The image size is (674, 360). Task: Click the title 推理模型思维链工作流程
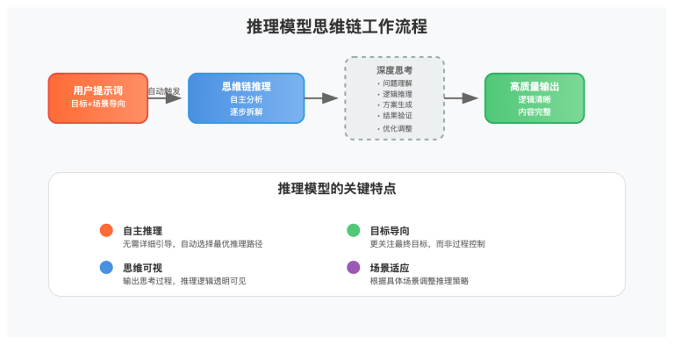[337, 26]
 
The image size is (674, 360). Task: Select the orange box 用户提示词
[97, 97]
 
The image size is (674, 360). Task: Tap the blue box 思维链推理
[246, 97]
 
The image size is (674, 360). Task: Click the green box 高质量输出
[534, 97]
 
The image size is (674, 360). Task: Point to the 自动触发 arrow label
[164, 90]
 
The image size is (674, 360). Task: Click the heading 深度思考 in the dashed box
[394, 69]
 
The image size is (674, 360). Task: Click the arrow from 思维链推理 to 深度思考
[321, 98]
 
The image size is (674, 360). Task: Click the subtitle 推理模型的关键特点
[337, 188]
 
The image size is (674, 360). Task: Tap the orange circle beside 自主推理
[106, 230]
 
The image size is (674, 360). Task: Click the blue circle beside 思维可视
[106, 268]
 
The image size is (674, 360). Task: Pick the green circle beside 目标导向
[353, 230]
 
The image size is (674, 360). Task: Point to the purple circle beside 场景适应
[353, 268]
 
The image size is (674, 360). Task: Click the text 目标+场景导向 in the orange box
[97, 104]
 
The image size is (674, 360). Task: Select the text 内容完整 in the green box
[534, 112]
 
